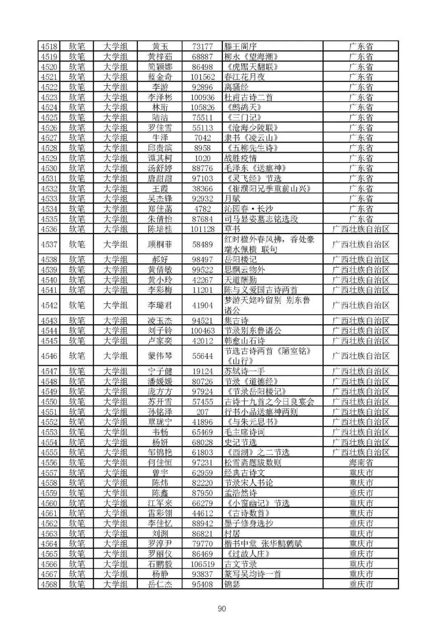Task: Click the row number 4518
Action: tap(49, 46)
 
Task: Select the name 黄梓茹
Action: tap(160, 56)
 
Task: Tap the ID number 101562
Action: tap(202, 77)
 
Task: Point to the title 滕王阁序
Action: tap(240, 46)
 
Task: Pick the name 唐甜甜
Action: tap(160, 178)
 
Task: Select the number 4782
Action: tap(202, 209)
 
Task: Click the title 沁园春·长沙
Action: tap(248, 209)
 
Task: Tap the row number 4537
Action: tap(49, 244)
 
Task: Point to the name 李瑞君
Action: tap(160, 305)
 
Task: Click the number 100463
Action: tap(202, 331)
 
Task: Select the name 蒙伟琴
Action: tap(160, 356)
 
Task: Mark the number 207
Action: tap(202, 412)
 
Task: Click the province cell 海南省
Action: tap(361, 463)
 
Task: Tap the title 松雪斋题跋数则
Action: tap(253, 463)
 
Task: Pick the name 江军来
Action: tap(160, 503)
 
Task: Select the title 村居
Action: tap(232, 534)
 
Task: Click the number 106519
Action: tap(202, 564)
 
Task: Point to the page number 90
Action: tap(222, 609)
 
